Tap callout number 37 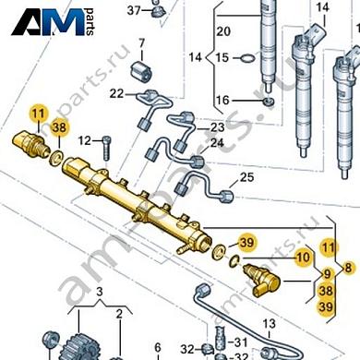[134, 11]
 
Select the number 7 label [142, 43]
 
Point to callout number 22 [115, 93]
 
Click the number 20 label [222, 31]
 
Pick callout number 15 [222, 57]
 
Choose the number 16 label [222, 100]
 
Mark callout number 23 [217, 126]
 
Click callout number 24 [217, 143]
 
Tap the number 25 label [246, 176]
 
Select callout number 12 [83, 140]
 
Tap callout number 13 [270, 324]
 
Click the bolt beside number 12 [105, 142]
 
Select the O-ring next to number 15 [247, 59]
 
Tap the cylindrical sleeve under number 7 [142, 70]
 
